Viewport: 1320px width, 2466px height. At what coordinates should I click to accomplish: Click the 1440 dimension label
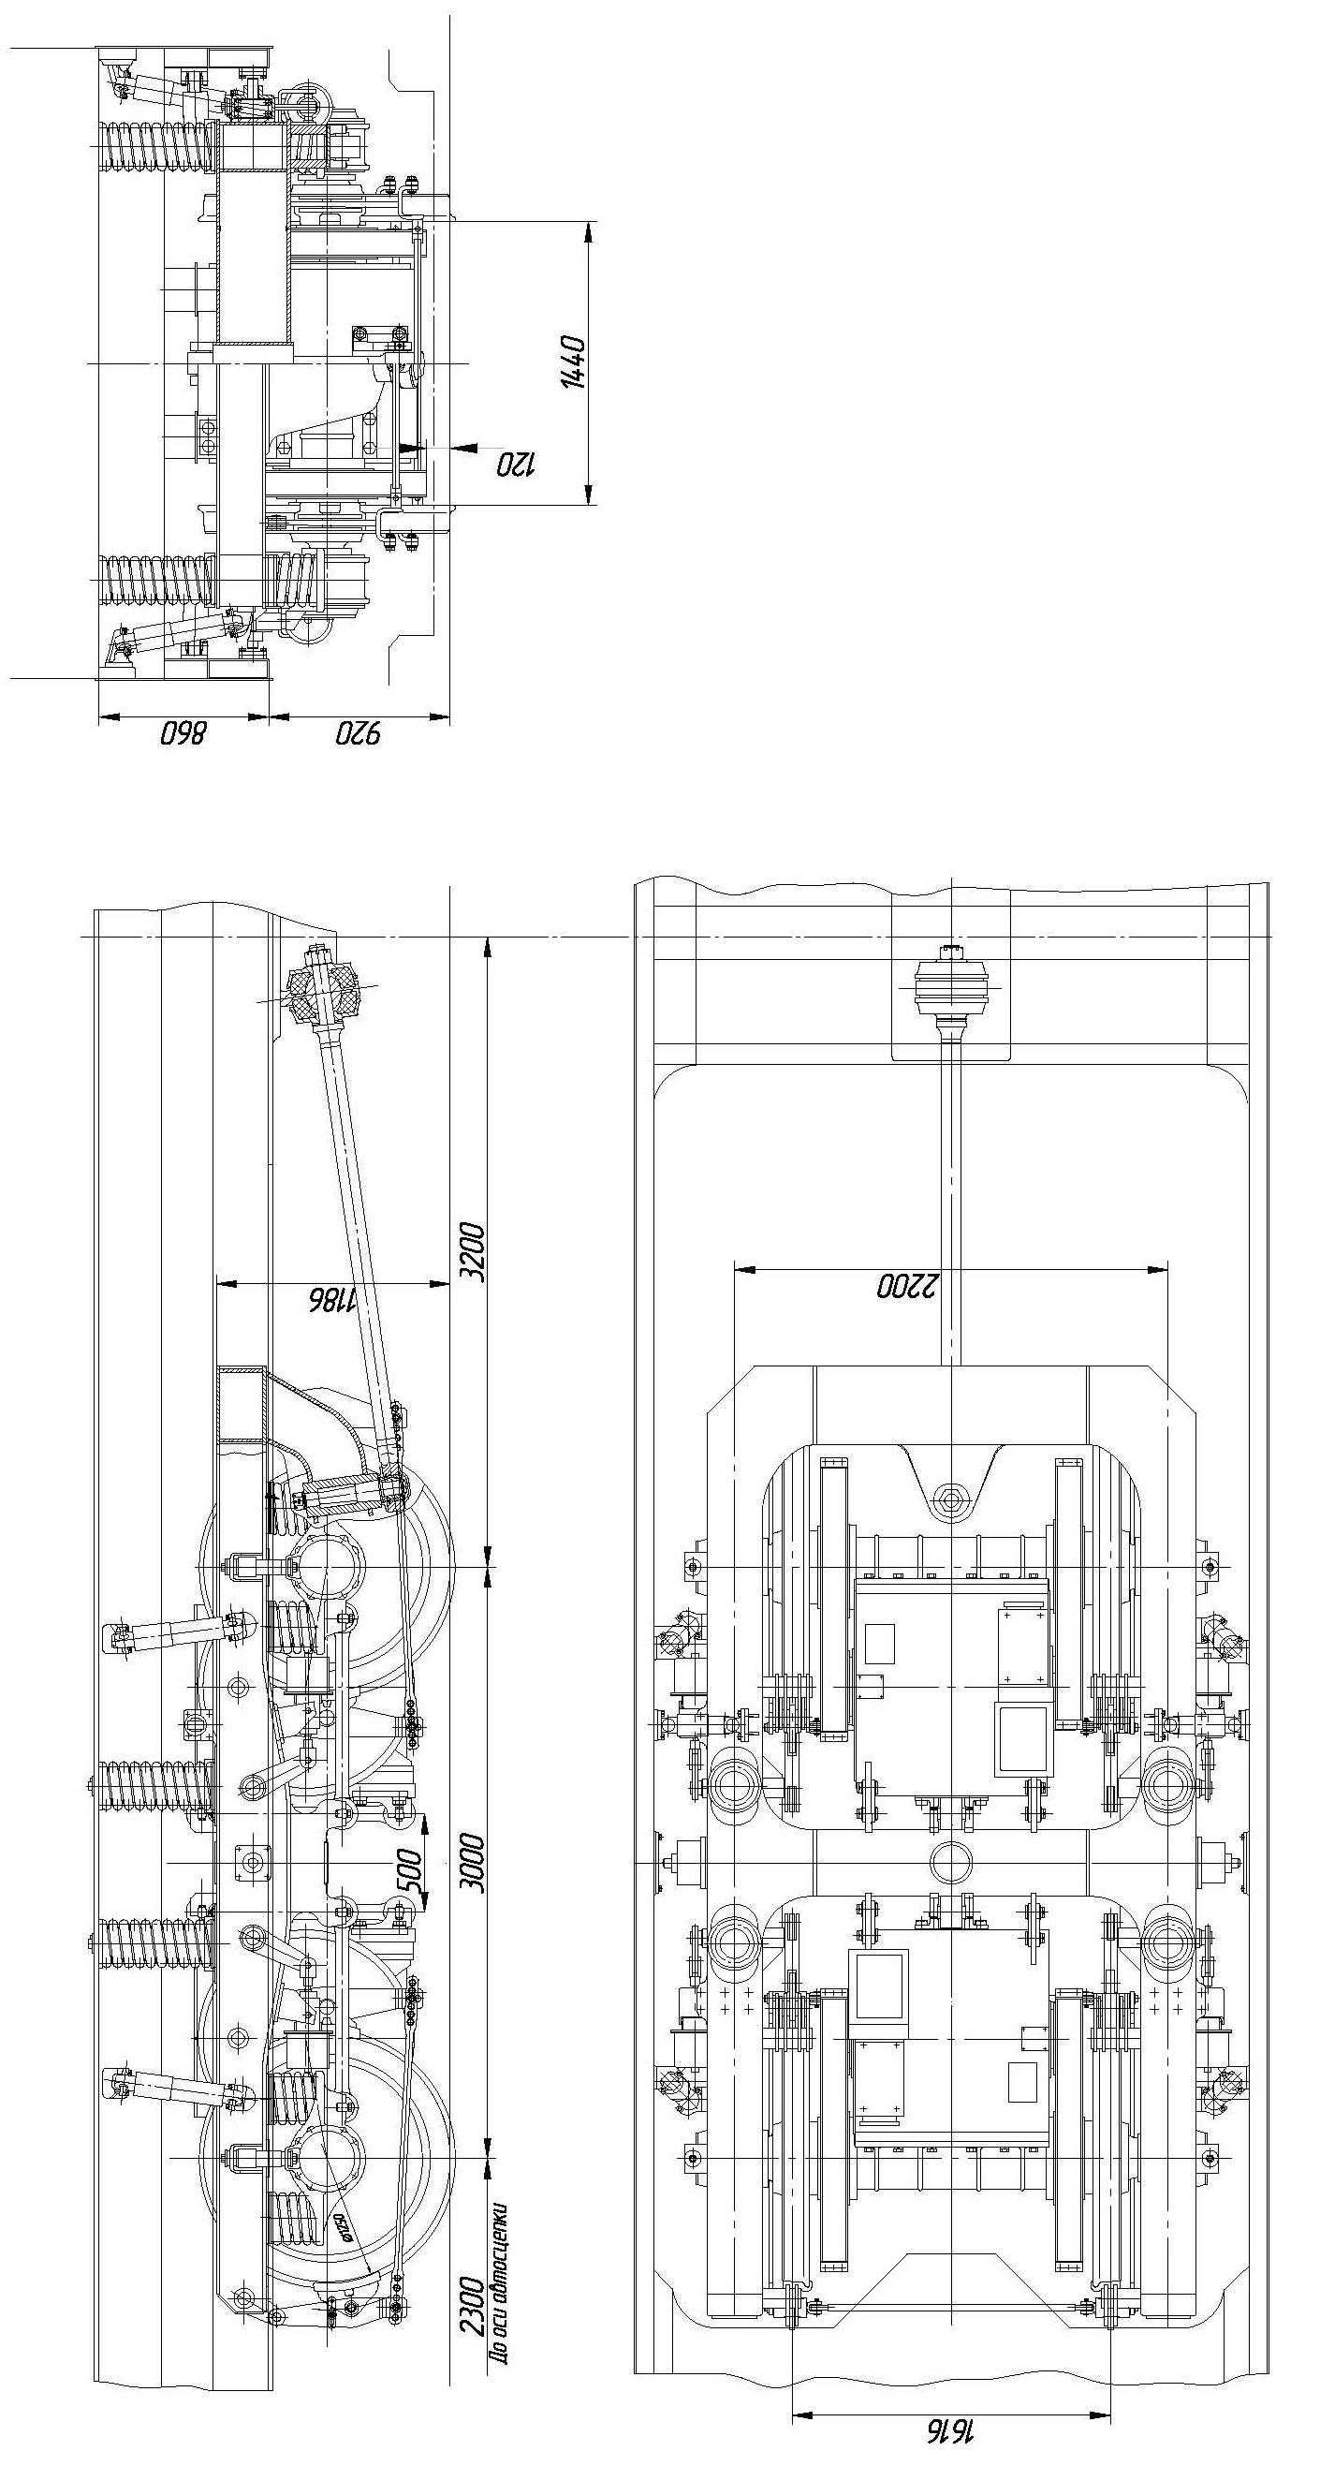pos(573,361)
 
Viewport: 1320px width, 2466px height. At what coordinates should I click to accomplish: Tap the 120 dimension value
pos(516,465)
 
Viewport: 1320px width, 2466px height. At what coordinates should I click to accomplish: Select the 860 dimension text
pos(182,734)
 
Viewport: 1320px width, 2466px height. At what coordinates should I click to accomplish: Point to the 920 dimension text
pos(359,734)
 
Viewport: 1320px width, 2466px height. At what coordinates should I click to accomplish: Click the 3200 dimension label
pos(476,1251)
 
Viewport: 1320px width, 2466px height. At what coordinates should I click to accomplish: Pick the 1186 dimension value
pos(331,1299)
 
